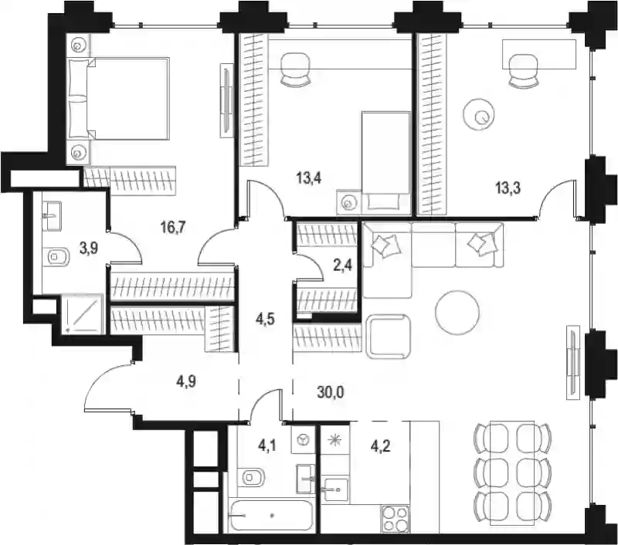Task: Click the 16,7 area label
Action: click(173, 227)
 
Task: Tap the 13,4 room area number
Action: click(309, 178)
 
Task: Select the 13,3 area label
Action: click(508, 188)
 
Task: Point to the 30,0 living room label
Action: click(331, 392)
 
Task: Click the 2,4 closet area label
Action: click(342, 266)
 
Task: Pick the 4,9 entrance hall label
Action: click(186, 381)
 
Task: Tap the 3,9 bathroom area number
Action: click(89, 249)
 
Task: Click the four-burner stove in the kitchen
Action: click(395, 519)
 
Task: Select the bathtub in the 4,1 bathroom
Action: click(272, 515)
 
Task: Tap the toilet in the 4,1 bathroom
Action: click(250, 477)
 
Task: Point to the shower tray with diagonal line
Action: click(83, 314)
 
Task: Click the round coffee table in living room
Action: click(457, 313)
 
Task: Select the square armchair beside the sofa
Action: click(389, 336)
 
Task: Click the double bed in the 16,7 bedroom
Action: click(119, 98)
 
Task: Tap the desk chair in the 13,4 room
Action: click(295, 69)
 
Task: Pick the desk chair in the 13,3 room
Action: click(524, 71)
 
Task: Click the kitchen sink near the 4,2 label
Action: click(335, 489)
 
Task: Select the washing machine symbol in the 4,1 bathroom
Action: click(303, 439)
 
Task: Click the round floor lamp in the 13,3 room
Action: click(479, 114)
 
